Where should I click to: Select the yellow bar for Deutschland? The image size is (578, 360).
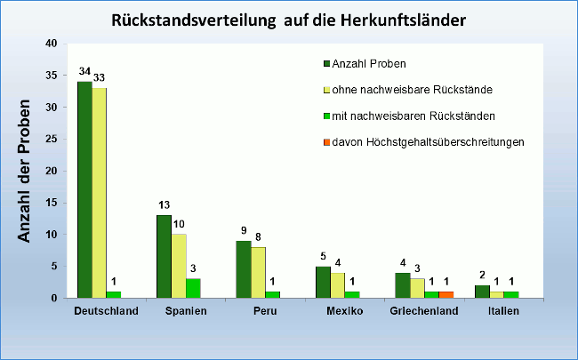tap(100, 193)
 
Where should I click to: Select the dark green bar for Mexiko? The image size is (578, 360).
tap(323, 282)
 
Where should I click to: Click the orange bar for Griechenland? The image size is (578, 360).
tap(446, 294)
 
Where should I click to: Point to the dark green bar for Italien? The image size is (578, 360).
tap(481, 292)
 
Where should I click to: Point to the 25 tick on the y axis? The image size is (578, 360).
tap(51, 139)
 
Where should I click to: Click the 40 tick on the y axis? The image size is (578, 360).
tap(51, 44)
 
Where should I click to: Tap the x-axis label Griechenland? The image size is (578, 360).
tap(424, 311)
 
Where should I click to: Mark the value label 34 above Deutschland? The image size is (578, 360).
tap(84, 71)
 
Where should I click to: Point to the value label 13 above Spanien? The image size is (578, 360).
tap(164, 204)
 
